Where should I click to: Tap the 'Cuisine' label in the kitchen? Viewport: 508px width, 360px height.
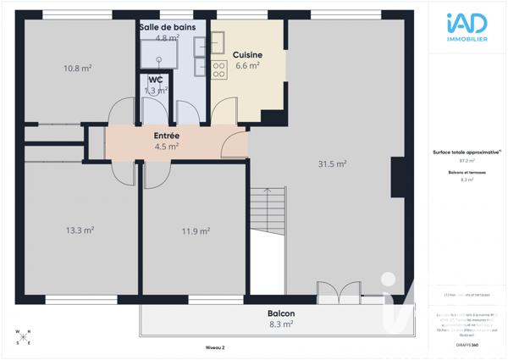247,54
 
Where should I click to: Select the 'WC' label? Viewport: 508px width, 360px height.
155,80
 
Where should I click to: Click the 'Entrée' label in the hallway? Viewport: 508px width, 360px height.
166,136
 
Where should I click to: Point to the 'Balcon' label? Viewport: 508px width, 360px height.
281,313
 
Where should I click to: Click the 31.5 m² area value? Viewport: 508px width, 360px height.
332,163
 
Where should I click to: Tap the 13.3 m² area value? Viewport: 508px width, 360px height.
80,230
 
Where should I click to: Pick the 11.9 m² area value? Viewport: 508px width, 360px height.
196,231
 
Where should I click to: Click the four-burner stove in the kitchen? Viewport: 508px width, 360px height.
218,66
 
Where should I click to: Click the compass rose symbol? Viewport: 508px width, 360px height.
23,337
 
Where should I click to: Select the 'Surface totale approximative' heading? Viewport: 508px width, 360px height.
462,152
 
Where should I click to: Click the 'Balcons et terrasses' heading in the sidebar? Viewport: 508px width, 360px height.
462,172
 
